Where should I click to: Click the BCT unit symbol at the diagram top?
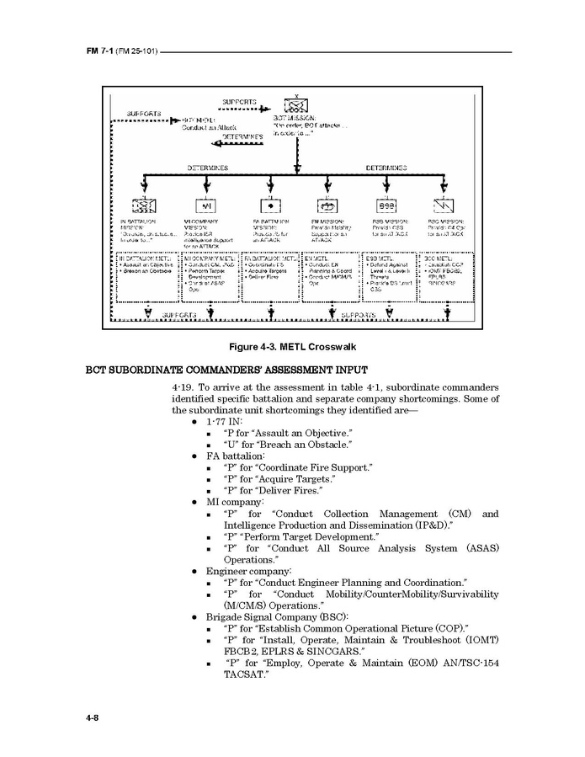[295, 106]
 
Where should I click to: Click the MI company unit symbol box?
[207, 205]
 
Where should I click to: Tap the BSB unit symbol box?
[386, 205]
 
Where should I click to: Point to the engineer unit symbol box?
[327, 205]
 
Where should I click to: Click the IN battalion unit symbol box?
[144, 205]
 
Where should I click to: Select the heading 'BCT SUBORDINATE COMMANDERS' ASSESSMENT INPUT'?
[226, 370]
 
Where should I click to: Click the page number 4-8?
[93, 717]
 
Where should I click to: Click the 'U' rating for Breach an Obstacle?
[228, 445]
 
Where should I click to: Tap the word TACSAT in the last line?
[244, 675]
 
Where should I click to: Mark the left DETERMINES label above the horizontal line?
[207, 168]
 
